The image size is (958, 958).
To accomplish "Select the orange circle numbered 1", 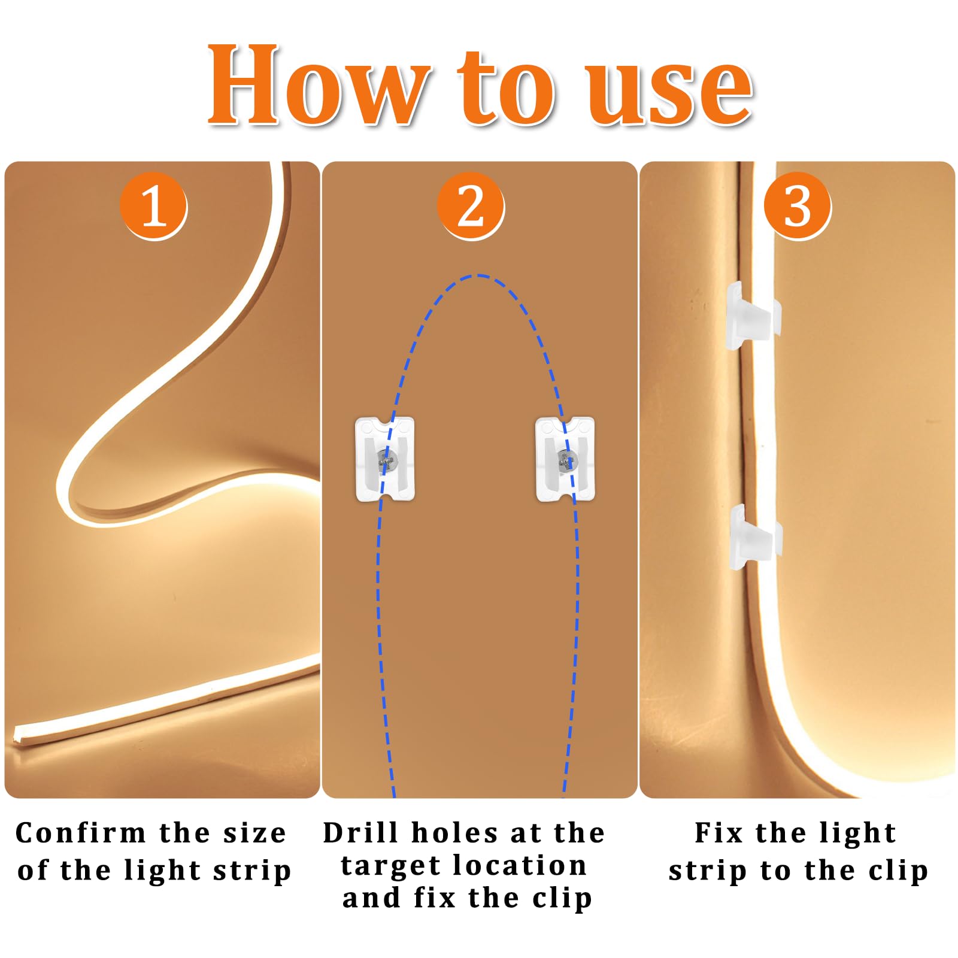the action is tap(153, 206).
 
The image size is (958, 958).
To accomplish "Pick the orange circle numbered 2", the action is tap(471, 206).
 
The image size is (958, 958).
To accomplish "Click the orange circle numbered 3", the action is tap(798, 206).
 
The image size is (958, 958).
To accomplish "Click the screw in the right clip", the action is tap(566, 460).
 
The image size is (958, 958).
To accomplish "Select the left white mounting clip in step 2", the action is tap(385, 459).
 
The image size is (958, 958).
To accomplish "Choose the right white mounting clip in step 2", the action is tap(565, 459).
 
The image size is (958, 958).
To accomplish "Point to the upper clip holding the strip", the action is tap(753, 316).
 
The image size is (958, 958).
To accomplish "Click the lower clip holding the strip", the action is tap(754, 538).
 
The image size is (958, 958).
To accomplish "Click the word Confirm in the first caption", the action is tap(80, 833).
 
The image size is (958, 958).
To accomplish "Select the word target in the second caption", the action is tap(392, 866).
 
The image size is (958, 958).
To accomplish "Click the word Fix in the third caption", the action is tap(719, 833).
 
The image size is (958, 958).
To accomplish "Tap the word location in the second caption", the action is tap(520, 866).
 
